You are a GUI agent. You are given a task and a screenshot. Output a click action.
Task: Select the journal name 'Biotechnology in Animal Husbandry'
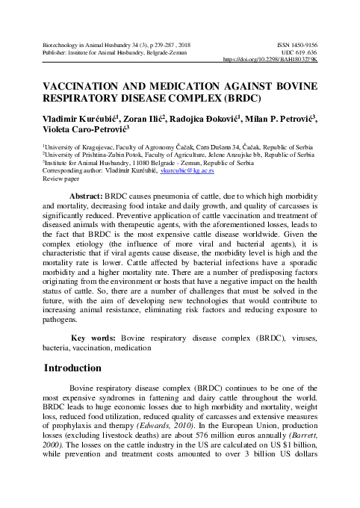[84, 45]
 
